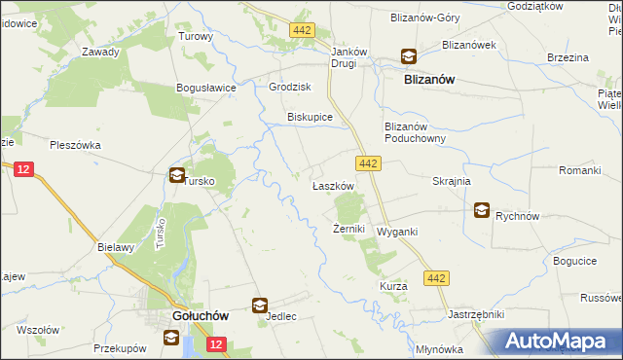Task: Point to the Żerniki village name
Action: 348,229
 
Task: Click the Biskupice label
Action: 310,117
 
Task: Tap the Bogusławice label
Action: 206,88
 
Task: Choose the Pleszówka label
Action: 75,145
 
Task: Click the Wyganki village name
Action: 397,232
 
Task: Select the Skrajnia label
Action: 451,181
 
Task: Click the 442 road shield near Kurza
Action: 436,279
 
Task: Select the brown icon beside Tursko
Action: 176,176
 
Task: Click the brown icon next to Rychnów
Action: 483,209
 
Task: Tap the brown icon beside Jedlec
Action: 260,306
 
